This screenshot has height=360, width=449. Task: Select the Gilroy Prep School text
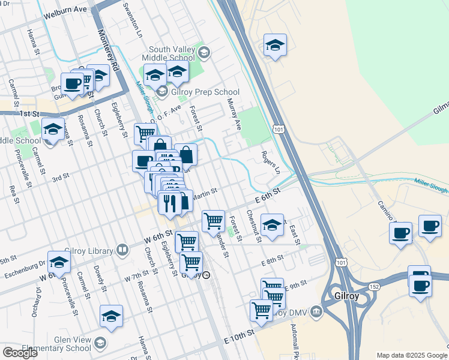tap(206, 92)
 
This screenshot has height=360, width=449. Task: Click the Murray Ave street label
tap(234, 116)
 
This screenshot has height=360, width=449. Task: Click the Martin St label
tap(204, 193)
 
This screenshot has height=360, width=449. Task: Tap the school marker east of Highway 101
tap(275, 45)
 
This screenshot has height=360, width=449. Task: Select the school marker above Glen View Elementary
tap(112, 316)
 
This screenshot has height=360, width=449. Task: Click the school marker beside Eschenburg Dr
tap(59, 262)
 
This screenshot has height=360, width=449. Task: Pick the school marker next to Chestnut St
tap(272, 226)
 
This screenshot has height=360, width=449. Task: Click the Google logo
tap(20, 353)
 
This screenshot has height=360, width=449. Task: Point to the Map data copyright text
tap(412, 355)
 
